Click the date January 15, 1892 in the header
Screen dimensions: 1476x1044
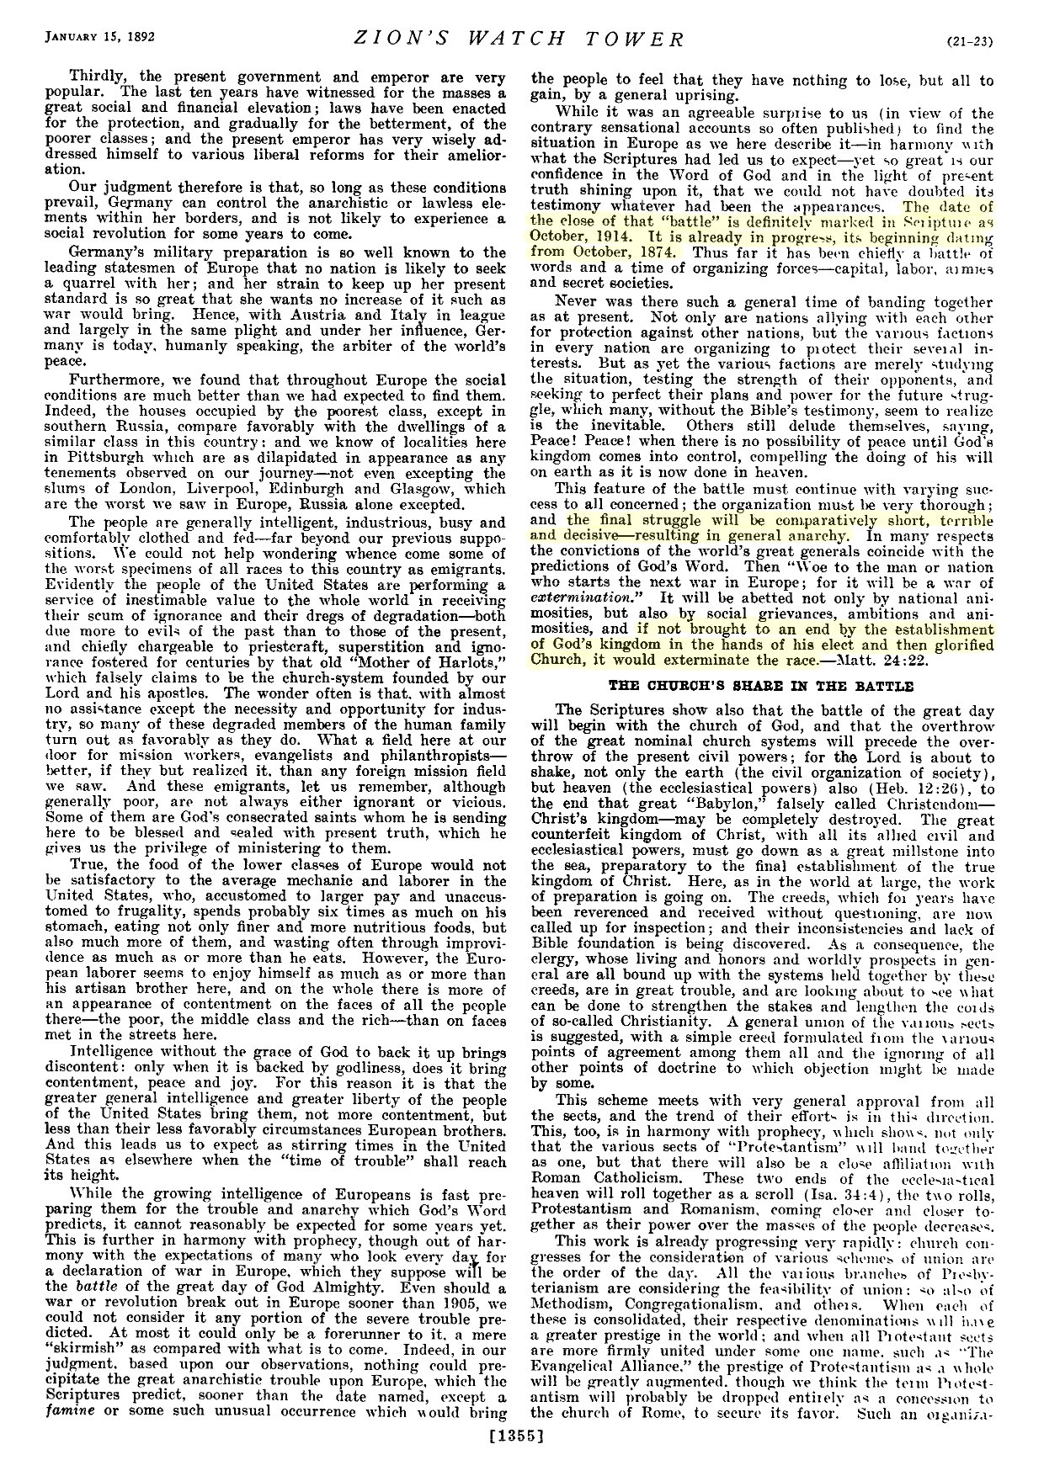click(x=92, y=37)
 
